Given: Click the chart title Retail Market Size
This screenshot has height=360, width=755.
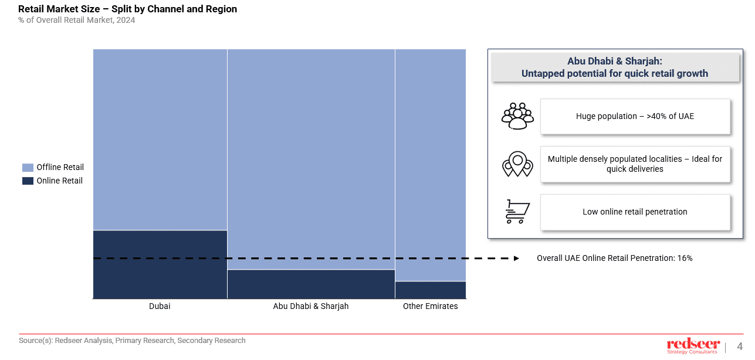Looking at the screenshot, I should click(128, 9).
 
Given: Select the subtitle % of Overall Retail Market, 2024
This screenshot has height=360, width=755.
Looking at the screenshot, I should click(77, 21).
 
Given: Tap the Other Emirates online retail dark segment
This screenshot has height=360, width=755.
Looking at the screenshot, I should click(430, 290).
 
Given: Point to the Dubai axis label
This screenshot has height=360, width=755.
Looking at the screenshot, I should click(160, 306).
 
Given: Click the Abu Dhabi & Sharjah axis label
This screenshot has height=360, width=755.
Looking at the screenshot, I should click(311, 306).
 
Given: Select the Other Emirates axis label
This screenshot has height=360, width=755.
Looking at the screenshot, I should click(430, 306).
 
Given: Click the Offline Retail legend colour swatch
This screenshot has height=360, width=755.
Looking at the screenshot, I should click(28, 168).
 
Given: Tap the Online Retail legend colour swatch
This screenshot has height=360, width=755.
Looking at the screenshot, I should click(28, 181).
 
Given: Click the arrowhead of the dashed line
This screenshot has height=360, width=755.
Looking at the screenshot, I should click(516, 258).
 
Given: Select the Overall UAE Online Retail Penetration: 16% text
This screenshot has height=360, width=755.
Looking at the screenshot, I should click(614, 258).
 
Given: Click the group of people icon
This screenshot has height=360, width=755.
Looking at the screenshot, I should click(517, 116).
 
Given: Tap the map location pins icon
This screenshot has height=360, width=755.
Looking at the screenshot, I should click(517, 164).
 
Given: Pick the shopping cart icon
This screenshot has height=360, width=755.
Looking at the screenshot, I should click(517, 212).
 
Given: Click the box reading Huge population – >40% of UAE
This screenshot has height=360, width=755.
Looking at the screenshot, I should click(635, 116).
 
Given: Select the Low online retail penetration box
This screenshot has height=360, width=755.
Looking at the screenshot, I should click(635, 212).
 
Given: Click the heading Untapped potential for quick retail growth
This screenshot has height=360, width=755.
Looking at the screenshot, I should click(614, 74).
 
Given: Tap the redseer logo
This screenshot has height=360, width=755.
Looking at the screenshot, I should click(693, 345).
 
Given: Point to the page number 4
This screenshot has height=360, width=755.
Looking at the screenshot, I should click(740, 346).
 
